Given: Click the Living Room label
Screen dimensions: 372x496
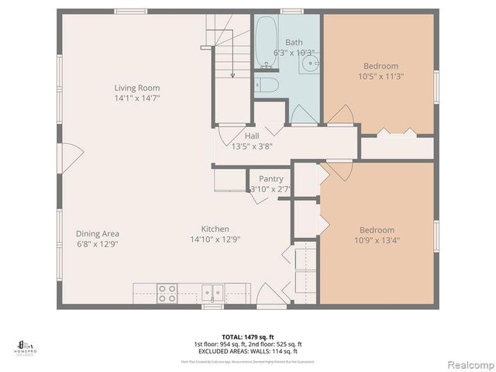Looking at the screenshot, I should click(x=136, y=88).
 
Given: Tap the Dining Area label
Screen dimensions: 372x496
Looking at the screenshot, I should click(x=97, y=233).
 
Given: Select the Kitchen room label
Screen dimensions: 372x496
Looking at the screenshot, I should click(x=215, y=229).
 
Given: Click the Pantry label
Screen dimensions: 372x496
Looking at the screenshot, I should click(x=270, y=179).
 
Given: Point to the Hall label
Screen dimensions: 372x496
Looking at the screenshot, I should click(x=246, y=136).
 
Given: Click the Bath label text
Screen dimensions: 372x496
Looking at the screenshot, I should click(x=294, y=42).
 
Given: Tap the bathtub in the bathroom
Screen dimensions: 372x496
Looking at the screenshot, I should click(x=266, y=40).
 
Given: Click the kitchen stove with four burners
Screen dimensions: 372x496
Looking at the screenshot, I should click(x=167, y=293).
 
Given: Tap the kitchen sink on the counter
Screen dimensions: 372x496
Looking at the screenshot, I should click(x=212, y=293).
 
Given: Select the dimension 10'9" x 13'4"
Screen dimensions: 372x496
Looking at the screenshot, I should click(x=377, y=240).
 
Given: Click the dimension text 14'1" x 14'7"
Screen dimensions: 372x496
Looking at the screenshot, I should click(x=136, y=98).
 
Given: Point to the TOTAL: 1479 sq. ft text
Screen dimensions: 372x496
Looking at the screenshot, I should click(x=247, y=336).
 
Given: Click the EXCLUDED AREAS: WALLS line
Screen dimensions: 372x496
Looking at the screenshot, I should click(x=247, y=350).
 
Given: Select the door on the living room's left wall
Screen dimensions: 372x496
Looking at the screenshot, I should click(x=70, y=156).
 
